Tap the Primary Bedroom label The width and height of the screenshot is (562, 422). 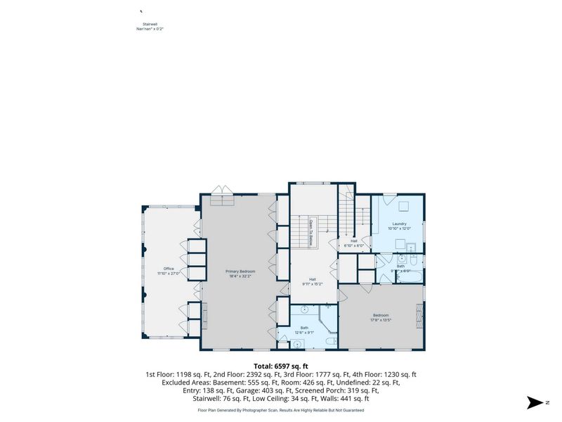pyautogui.click(x=240, y=274)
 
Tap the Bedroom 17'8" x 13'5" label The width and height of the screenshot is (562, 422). pyautogui.click(x=380, y=317)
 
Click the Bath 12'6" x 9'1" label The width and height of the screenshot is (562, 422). pyautogui.click(x=304, y=330)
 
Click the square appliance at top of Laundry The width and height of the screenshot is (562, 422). pyautogui.click(x=404, y=207)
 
